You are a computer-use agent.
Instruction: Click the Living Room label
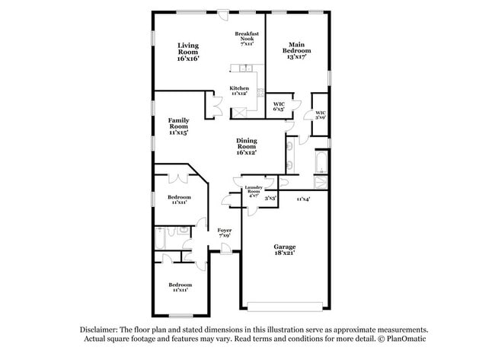pyautogui.click(x=188, y=52)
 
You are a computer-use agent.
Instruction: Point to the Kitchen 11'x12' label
pyautogui.click(x=239, y=91)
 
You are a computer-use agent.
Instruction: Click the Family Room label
pyautogui.click(x=178, y=126)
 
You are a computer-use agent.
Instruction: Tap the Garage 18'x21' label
pyautogui.click(x=285, y=250)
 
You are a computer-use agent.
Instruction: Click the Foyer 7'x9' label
pyautogui.click(x=224, y=233)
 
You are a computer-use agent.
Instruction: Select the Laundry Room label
pyautogui.click(x=253, y=190)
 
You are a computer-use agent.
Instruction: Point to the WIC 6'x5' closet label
pyautogui.click(x=279, y=106)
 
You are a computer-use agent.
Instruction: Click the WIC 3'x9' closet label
pyautogui.click(x=321, y=116)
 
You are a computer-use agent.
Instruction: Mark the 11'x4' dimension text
pyautogui.click(x=302, y=199)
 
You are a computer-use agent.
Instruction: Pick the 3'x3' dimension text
pyautogui.click(x=270, y=198)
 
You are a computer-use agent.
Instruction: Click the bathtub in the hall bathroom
pyautogui.click(x=159, y=239)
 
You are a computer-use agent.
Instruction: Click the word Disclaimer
pyautogui.click(x=102, y=330)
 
